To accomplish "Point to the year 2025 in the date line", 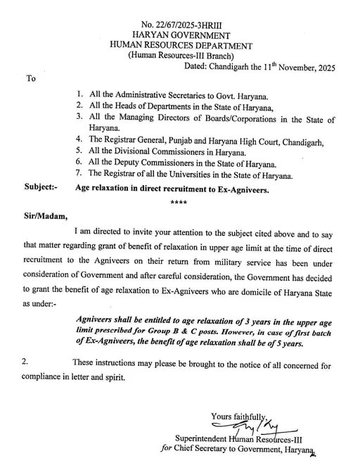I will click(x=323, y=69).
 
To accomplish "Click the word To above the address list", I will click(x=30, y=79).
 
